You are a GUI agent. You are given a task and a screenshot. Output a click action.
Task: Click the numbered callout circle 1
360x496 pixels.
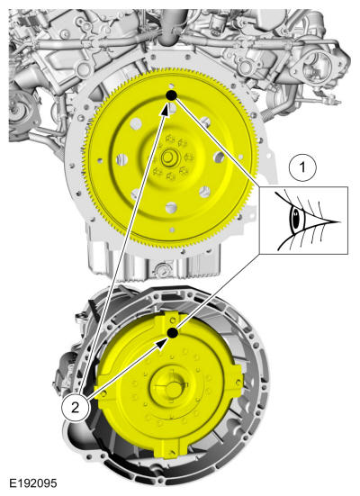302,167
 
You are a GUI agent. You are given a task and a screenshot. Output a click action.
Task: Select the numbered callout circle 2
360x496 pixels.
75,408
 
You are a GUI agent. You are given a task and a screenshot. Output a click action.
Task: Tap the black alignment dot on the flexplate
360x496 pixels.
171,95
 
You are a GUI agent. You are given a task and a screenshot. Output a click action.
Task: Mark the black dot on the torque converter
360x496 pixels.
173,333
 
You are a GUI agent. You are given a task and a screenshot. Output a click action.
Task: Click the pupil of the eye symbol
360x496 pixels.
296,219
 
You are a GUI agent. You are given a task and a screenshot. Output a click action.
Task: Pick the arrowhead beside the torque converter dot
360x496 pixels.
164,343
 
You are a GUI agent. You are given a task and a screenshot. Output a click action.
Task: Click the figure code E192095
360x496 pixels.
33,483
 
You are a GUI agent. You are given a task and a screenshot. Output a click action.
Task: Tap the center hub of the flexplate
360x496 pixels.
167,158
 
